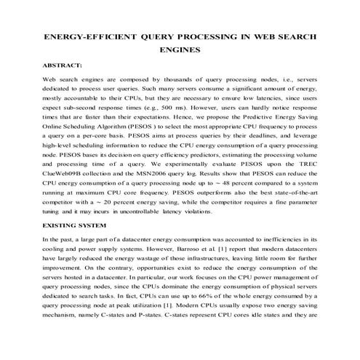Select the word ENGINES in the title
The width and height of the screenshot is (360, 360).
click(180, 50)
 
